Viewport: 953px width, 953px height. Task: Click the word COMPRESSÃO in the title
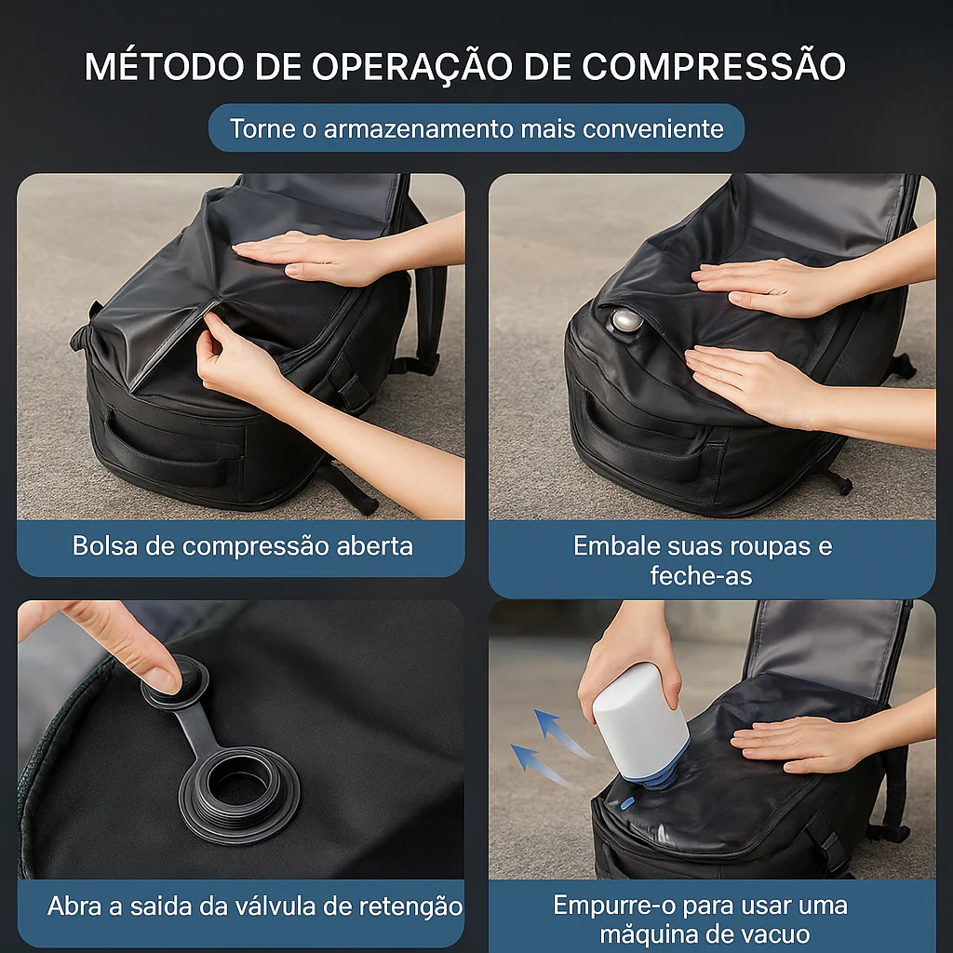pyautogui.click(x=714, y=67)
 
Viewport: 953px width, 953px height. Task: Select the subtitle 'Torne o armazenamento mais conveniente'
pyautogui.click(x=476, y=128)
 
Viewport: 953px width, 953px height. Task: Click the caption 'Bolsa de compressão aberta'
pyautogui.click(x=242, y=545)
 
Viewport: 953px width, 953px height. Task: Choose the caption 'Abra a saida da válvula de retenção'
pyautogui.click(x=254, y=906)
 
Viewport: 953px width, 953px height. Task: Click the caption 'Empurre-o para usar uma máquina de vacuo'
pyautogui.click(x=700, y=919)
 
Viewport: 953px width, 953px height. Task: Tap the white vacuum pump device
pyautogui.click(x=639, y=717)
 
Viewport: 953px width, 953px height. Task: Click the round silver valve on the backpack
pyautogui.click(x=626, y=321)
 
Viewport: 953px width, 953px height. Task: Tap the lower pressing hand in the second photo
pyautogui.click(x=754, y=382)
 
